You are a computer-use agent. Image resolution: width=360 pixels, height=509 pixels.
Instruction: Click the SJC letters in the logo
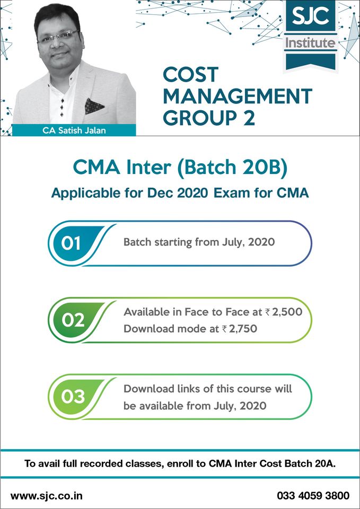click(x=310, y=20)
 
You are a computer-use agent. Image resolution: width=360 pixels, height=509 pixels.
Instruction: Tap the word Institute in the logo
click(x=310, y=43)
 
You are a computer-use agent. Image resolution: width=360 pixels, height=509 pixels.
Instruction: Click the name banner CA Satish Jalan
click(x=74, y=130)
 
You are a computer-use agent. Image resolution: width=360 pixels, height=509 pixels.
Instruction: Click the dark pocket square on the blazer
click(x=94, y=104)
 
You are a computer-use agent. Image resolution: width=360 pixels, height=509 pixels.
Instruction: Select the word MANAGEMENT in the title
click(x=238, y=96)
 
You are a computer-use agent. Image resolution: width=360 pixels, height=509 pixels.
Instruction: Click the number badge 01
click(x=71, y=243)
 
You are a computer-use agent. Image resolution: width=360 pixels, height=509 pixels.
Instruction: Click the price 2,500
click(x=288, y=312)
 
